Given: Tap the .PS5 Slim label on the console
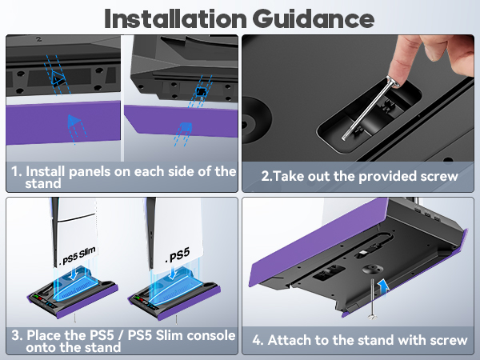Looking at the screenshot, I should click(x=78, y=261).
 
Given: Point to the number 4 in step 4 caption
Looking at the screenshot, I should click(x=258, y=340).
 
